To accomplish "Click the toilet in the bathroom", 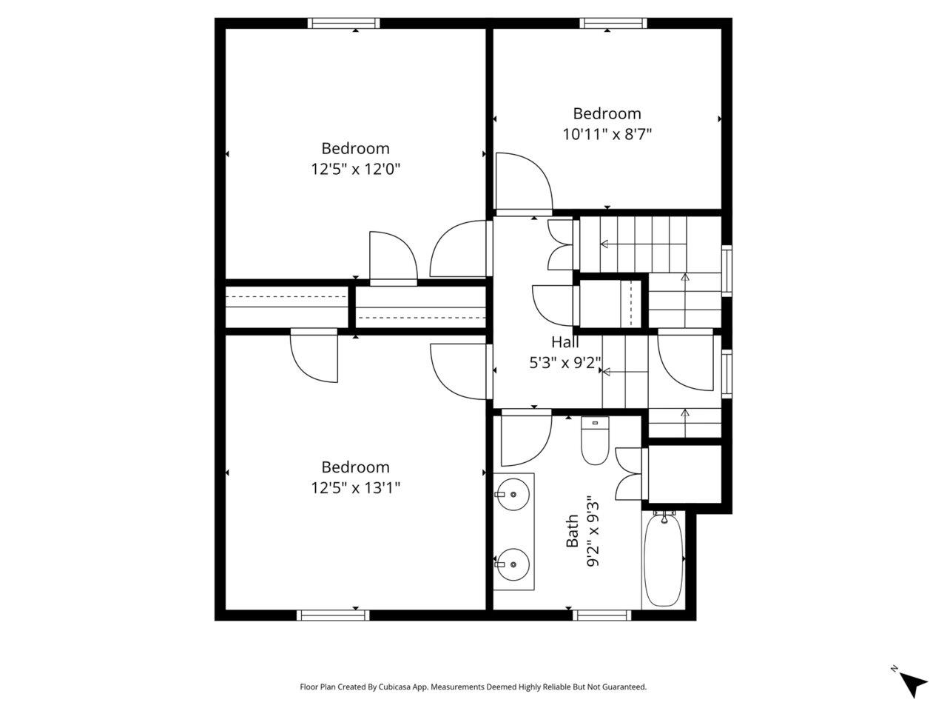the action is [x=595, y=440].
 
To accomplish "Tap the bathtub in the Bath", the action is [x=663, y=559].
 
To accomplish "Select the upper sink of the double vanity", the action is [x=512, y=494].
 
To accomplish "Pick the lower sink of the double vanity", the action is [x=512, y=564].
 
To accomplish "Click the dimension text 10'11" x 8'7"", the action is [x=607, y=134].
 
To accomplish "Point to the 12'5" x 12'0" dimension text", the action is [x=356, y=169].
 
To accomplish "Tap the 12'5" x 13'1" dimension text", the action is [x=356, y=488].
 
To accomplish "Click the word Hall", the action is [x=565, y=342].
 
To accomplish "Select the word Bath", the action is [x=572, y=531].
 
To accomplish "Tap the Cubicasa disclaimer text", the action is [x=473, y=687].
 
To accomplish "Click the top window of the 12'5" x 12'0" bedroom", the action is [x=344, y=23].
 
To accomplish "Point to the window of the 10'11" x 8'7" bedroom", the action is [x=613, y=23].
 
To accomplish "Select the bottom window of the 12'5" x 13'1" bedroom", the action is [x=334, y=615].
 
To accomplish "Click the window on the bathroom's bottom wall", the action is [x=601, y=615].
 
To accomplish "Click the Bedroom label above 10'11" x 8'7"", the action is [x=607, y=113].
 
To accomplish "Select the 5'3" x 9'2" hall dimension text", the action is [x=565, y=363].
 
